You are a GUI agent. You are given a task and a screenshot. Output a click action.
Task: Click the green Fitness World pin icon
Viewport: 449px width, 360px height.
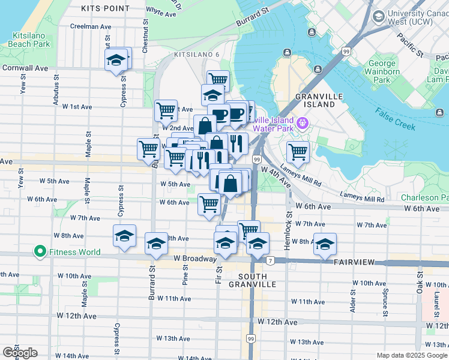(x=40, y=252)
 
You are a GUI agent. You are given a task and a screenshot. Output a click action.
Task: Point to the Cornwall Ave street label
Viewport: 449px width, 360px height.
(x=24, y=68)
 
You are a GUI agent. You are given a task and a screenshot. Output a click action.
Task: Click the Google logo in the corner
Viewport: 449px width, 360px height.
(x=20, y=353)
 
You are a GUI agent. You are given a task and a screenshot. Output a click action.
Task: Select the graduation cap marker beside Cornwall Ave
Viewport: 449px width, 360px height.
(x=118, y=60)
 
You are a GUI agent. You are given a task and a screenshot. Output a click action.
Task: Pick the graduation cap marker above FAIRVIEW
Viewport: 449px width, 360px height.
(x=325, y=244)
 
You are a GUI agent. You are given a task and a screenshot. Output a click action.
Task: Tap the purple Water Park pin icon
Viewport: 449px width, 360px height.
(x=303, y=124)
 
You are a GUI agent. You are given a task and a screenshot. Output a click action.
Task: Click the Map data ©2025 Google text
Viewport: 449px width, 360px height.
(x=411, y=355)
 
